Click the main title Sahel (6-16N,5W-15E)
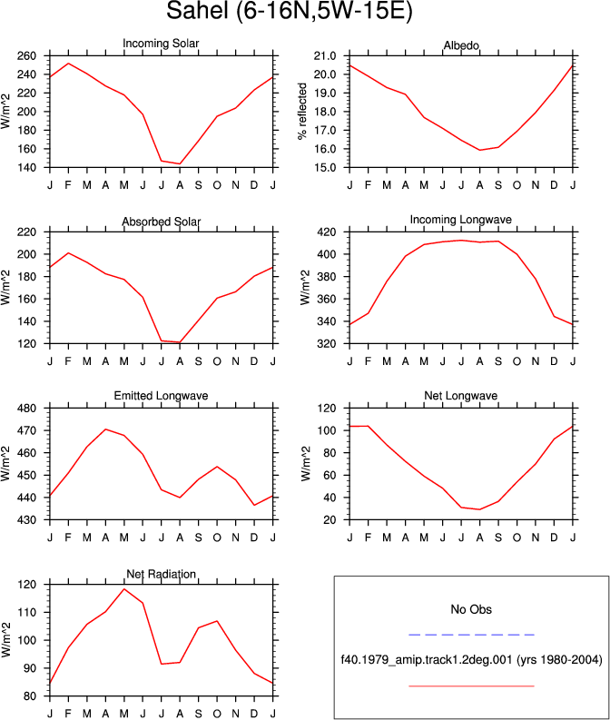[x=290, y=11]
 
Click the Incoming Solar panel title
[x=161, y=44]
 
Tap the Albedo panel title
[x=461, y=45]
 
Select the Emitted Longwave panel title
[x=161, y=396]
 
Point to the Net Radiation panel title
[x=161, y=574]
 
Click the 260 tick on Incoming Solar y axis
[x=26, y=56]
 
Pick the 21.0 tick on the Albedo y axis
[x=325, y=56]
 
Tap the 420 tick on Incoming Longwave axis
[x=327, y=232]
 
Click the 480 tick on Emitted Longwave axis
[x=26, y=409]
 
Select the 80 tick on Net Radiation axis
[x=30, y=696]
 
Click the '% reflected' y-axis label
[x=302, y=112]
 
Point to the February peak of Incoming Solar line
[x=68, y=64]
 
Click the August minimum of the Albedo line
[x=479, y=150]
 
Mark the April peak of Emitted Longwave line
[x=105, y=429]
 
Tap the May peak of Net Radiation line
[x=124, y=589]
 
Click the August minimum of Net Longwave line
[x=479, y=509]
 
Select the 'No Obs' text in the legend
[x=471, y=609]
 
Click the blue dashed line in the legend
[x=471, y=635]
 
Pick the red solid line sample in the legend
[x=471, y=686]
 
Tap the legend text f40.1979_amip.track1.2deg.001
[x=427, y=660]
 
